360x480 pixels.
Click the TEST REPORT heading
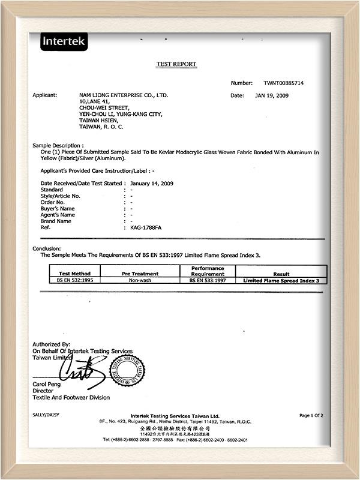tap(176, 64)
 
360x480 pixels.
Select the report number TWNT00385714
tap(284, 83)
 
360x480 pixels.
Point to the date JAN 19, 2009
tap(274, 95)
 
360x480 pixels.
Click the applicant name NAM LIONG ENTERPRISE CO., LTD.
tap(124, 95)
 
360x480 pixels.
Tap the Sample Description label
tap(58, 146)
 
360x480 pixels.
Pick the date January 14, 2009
tap(152, 183)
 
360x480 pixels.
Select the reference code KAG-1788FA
tap(146, 227)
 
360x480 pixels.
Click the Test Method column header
tap(75, 274)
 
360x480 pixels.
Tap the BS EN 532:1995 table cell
tap(75, 280)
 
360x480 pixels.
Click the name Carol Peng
tap(46, 384)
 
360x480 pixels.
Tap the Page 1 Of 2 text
tap(311, 415)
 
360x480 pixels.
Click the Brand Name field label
tap(56, 221)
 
